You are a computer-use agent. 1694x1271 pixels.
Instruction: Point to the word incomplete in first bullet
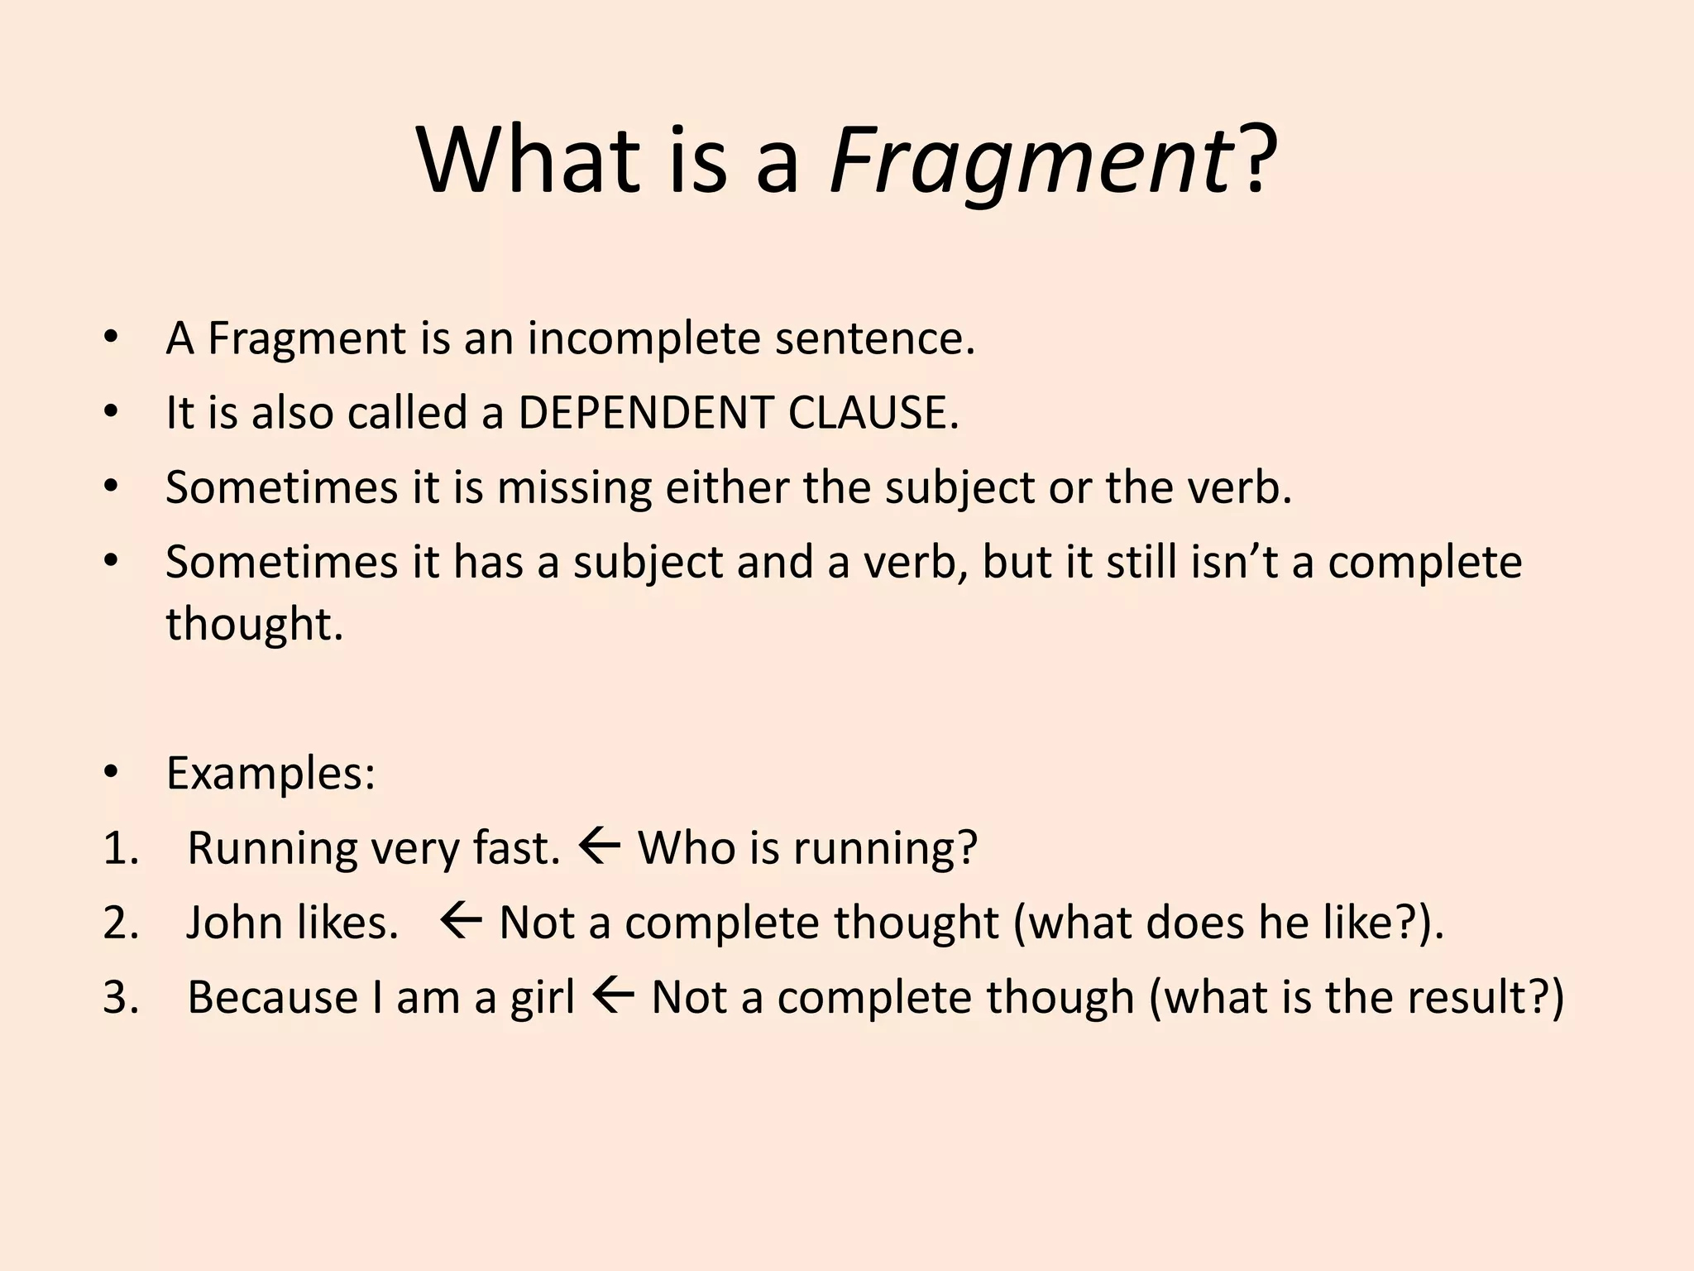(643, 339)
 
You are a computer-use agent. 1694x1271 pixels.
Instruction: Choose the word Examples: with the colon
(270, 774)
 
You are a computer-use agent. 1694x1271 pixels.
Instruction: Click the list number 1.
(121, 849)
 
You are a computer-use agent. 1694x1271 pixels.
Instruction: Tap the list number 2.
(121, 923)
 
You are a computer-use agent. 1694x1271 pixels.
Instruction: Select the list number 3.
(121, 998)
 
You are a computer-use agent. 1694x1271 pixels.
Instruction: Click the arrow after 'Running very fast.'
(600, 847)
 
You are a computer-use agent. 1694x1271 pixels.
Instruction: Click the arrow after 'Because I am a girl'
(613, 996)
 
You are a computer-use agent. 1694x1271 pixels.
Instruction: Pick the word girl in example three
(542, 998)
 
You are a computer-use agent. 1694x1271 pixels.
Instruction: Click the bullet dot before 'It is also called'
(112, 411)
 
